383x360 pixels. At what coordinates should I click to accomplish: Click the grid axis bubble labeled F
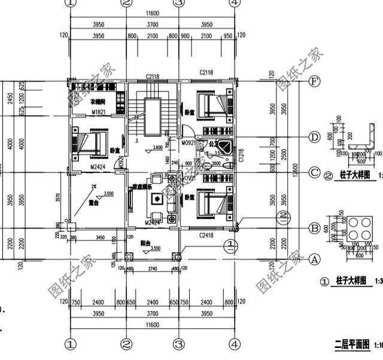point(312,81)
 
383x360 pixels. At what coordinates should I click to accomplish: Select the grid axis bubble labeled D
point(314,137)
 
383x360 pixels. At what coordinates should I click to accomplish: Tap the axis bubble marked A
point(312,260)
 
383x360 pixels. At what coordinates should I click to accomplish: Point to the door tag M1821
point(98,112)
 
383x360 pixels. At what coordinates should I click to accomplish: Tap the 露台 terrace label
point(93,203)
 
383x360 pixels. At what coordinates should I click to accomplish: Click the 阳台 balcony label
point(145,243)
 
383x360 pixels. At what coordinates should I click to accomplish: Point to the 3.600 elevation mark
point(158,147)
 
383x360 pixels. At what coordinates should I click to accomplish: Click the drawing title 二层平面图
point(352,345)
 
